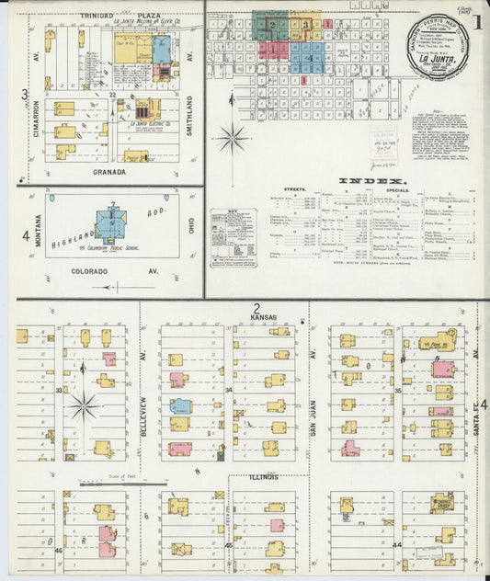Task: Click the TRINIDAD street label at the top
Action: [x=97, y=17]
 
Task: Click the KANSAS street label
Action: [x=263, y=316]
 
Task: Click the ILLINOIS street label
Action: [x=263, y=477]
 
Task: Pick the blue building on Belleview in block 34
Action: [x=181, y=405]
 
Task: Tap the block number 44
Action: [x=397, y=545]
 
